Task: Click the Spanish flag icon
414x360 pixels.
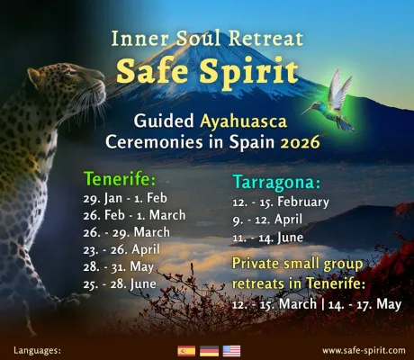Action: tap(187, 350)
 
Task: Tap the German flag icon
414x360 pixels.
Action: tap(209, 350)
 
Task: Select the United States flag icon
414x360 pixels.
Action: tap(231, 350)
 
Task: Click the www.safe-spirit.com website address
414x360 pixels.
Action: tap(363, 350)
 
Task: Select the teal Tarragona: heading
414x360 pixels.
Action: tap(274, 182)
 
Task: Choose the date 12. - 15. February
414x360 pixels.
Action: tap(281, 202)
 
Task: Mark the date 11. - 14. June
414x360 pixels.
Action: tap(269, 238)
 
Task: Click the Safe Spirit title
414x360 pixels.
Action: tap(206, 67)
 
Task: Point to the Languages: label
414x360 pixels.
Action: tap(37, 350)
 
